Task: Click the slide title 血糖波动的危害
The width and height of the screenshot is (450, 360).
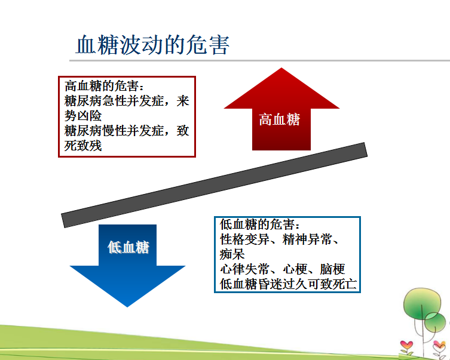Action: [x=152, y=45]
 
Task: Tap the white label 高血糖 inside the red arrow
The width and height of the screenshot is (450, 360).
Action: [x=279, y=119]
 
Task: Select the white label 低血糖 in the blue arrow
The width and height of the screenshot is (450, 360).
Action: [x=128, y=247]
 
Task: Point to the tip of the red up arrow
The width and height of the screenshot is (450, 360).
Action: [x=281, y=68]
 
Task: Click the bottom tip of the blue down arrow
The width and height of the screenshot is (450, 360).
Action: [x=127, y=307]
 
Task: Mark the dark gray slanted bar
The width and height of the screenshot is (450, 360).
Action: [x=214, y=185]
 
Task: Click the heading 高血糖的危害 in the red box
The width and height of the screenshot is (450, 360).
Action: [x=102, y=86]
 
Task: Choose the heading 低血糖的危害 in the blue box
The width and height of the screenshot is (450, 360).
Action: [x=257, y=224]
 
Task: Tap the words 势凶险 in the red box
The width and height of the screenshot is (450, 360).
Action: [x=83, y=116]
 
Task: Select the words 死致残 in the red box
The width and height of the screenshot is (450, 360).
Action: [x=83, y=146]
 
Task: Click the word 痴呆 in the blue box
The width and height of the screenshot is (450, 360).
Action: [x=232, y=254]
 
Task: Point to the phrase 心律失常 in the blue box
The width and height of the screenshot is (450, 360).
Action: [x=244, y=269]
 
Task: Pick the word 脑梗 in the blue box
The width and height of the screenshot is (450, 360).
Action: [x=332, y=269]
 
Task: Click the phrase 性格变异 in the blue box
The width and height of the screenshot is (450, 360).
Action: [x=244, y=239]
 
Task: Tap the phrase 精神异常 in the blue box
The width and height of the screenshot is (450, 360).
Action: [x=307, y=239]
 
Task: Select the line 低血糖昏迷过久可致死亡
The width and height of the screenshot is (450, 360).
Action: [x=288, y=284]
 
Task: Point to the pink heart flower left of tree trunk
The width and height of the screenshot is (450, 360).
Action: [x=406, y=344]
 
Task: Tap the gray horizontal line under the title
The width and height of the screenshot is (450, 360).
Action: [x=259, y=60]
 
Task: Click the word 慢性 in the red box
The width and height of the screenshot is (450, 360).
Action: [x=115, y=131]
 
